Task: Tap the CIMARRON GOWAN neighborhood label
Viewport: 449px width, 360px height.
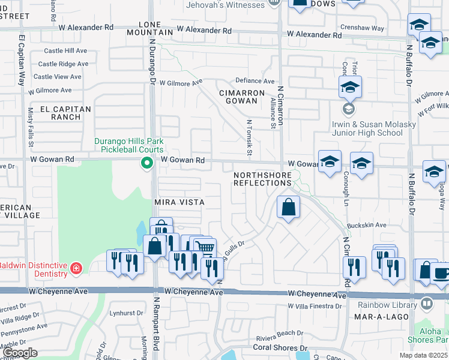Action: pos(242,98)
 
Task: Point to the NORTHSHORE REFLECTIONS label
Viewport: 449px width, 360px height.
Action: pos(263,179)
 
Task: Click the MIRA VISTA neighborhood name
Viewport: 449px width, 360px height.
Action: pos(179,203)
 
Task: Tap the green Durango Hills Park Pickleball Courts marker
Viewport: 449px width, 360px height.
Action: pos(146,163)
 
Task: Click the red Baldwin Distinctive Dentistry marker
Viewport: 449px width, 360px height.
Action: pos(76,268)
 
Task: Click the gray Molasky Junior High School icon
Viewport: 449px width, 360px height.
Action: pos(348,109)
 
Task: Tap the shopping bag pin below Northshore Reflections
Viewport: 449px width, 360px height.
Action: pos(289,208)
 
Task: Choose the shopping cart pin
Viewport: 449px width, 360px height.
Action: pos(205,248)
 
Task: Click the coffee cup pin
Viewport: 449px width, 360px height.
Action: pos(441,272)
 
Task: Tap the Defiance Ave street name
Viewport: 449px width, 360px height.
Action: pos(255,80)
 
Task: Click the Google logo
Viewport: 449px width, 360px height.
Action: pos(20,352)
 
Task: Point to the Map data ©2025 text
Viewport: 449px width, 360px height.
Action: pos(423,355)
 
